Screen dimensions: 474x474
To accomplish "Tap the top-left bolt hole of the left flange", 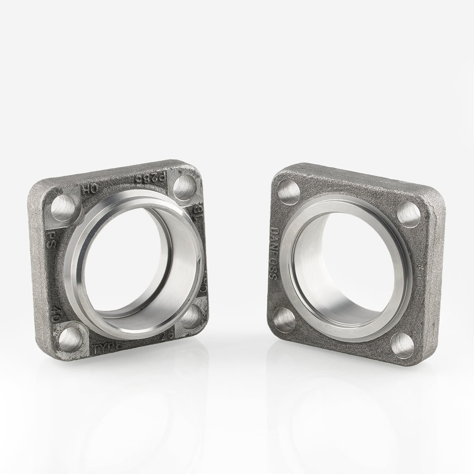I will [63, 207].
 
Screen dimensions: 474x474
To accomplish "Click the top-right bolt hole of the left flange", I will [184, 187].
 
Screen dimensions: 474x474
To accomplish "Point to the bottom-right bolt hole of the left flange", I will [190, 317].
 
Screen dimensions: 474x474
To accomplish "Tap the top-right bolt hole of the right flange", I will [409, 214].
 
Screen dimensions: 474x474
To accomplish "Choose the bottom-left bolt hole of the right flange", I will [284, 319].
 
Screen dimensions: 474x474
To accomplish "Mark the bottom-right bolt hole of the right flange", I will [401, 345].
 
